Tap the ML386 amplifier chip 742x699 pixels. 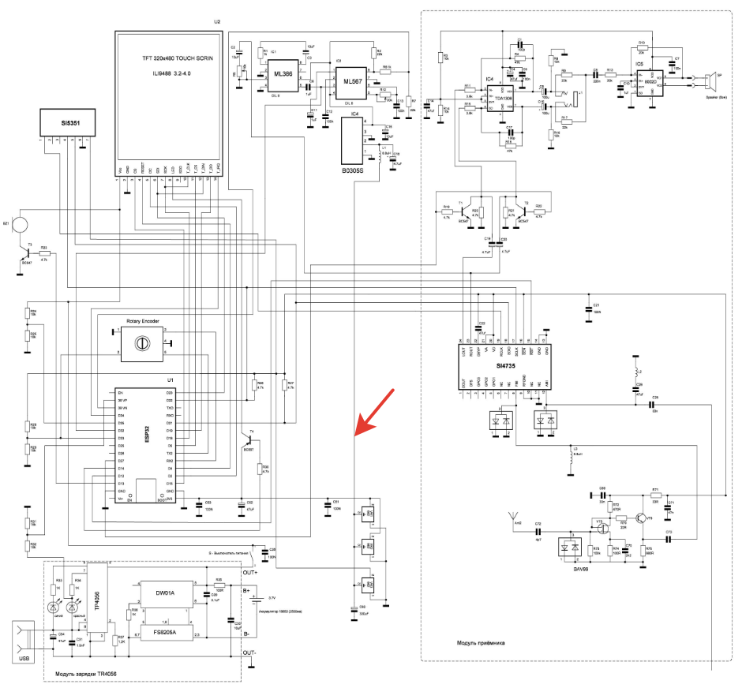tap(282, 74)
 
